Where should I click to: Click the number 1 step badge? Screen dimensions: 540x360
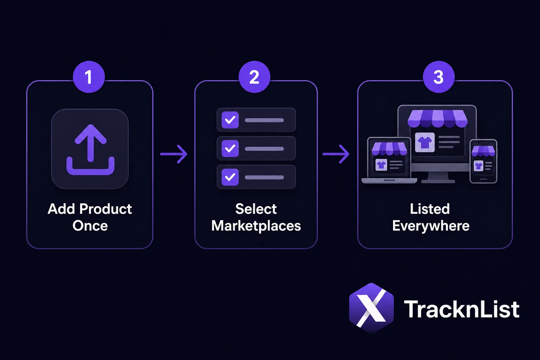[x=89, y=77]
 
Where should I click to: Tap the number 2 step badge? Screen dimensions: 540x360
[x=254, y=77]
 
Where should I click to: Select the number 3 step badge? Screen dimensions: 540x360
[x=438, y=77]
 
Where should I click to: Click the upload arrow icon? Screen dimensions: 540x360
[x=90, y=149]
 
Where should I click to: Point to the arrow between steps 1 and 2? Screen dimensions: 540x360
[x=174, y=154]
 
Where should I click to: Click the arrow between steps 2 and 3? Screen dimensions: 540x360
[x=336, y=154]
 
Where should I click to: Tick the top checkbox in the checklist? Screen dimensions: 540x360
[x=230, y=120]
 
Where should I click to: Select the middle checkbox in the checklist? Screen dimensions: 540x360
[x=230, y=148]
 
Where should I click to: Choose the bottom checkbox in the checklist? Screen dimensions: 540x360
[x=230, y=177]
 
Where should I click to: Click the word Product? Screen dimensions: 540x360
[x=105, y=209]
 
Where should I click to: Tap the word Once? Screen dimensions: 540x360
[x=90, y=226]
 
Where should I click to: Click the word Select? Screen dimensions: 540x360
[x=256, y=209]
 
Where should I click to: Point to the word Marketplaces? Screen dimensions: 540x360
[x=256, y=226]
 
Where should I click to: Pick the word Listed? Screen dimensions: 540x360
[x=430, y=209]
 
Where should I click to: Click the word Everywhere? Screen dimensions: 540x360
[x=431, y=226]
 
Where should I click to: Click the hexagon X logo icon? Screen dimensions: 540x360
[x=372, y=308]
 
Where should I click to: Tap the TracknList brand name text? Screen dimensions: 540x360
[x=462, y=309]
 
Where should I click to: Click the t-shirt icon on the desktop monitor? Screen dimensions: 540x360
[x=425, y=142]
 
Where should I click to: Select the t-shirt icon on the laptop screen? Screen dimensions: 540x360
[x=381, y=165]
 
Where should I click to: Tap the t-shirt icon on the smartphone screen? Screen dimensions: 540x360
[x=478, y=166]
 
